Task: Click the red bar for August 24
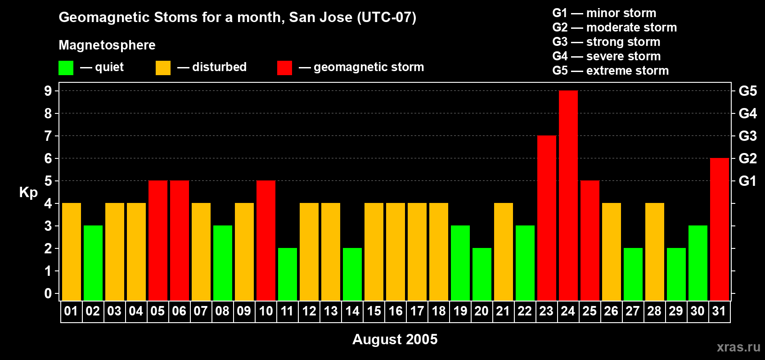coord(568,195)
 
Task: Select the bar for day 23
coord(546,218)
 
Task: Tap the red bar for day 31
coord(719,229)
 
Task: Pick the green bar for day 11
coord(287,274)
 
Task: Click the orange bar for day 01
coord(71,252)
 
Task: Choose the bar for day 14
coord(352,274)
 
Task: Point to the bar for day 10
coord(265,240)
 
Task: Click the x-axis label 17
coord(417,311)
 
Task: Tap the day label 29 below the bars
coord(675,311)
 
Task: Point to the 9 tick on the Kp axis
coord(48,91)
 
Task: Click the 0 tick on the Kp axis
coord(48,293)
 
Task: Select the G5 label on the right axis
coord(747,91)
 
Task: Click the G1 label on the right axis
coord(747,181)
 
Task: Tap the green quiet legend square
coord(66,68)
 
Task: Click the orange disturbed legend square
coord(163,68)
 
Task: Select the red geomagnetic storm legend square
coord(284,68)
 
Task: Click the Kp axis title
coord(28,192)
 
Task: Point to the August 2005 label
coord(395,339)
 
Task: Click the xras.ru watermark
coord(738,347)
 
